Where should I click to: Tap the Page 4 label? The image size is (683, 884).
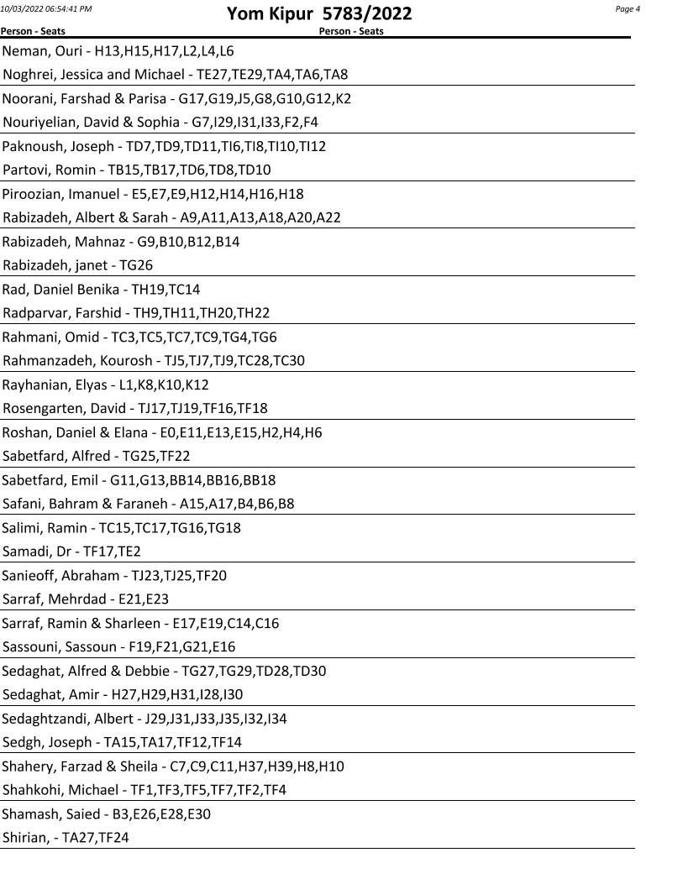(628, 9)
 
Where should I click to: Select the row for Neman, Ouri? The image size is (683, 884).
(118, 50)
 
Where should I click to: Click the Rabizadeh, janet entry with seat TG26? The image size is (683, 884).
(77, 265)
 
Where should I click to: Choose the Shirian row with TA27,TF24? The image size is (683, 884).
(66, 838)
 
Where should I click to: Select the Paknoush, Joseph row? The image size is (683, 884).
(164, 146)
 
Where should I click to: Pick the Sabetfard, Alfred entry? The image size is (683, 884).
(96, 457)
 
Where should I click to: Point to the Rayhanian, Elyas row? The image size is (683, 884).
(105, 385)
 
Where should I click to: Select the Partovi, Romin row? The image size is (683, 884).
(137, 170)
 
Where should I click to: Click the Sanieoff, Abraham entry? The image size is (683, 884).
(114, 576)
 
